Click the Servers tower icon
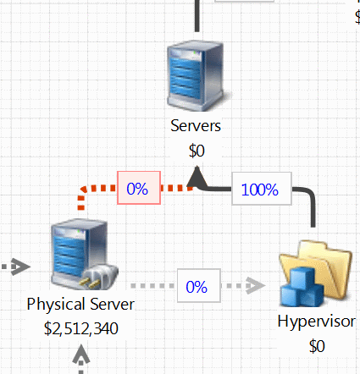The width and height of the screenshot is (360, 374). (197, 75)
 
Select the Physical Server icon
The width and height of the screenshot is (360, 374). (84, 255)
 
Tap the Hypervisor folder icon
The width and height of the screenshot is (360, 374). (316, 273)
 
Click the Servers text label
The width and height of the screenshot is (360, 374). (196, 126)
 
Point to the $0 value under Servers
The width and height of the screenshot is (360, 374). (197, 151)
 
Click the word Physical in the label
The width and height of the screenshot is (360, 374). (56, 305)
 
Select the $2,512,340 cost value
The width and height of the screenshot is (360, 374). (81, 328)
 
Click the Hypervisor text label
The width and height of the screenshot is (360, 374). (316, 322)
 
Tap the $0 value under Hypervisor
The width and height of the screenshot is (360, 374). (317, 346)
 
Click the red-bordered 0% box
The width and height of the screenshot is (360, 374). (139, 188)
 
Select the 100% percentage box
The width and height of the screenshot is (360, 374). (262, 189)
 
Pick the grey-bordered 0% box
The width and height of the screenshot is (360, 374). (199, 286)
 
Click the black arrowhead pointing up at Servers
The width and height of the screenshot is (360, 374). (197, 177)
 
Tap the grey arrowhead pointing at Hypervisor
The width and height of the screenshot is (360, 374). (256, 286)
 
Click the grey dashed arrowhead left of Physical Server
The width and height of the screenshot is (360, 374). (20, 267)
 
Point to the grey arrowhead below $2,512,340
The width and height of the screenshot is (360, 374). (81, 354)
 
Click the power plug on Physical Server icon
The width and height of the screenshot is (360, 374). (99, 277)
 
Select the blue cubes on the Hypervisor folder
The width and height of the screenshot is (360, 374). (302, 288)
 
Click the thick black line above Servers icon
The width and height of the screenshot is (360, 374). (197, 16)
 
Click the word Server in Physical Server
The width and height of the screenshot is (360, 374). (113, 305)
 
